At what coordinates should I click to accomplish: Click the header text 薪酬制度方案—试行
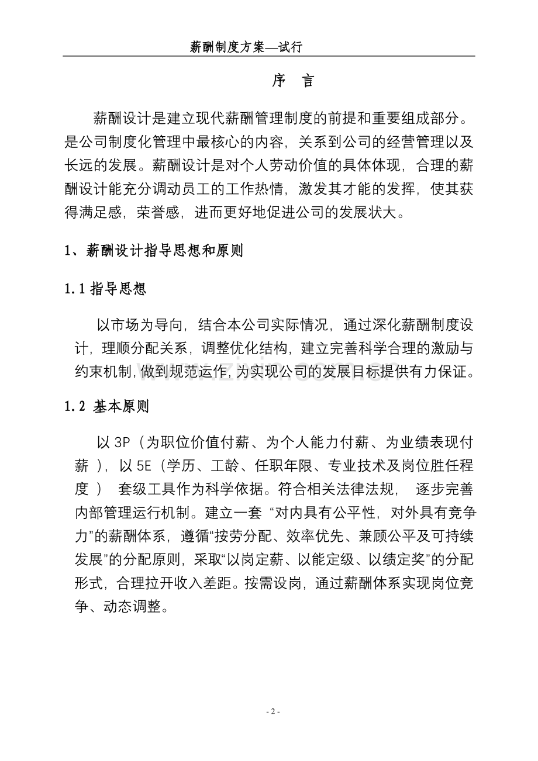pos(246,47)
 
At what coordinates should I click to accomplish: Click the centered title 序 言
pos(293,82)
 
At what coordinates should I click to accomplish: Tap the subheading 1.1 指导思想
pos(105,288)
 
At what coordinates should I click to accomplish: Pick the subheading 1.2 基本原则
pos(106,407)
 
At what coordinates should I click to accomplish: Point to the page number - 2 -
pos(273,711)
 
